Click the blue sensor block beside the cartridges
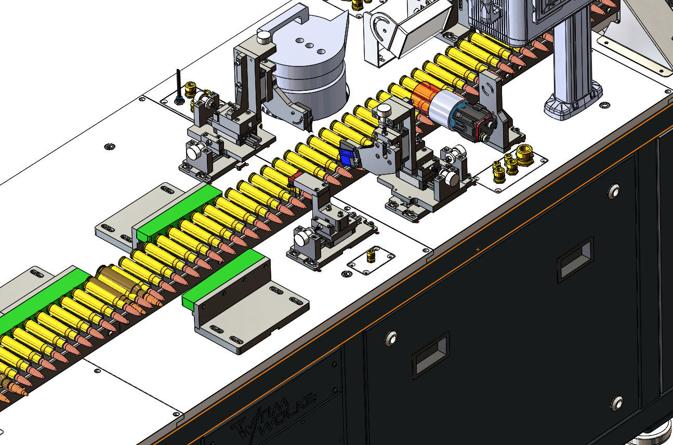tap(347, 157)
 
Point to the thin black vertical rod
tap(179, 85)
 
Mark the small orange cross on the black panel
tap(478, 249)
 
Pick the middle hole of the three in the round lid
tap(310, 46)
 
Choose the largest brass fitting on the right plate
tap(524, 154)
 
